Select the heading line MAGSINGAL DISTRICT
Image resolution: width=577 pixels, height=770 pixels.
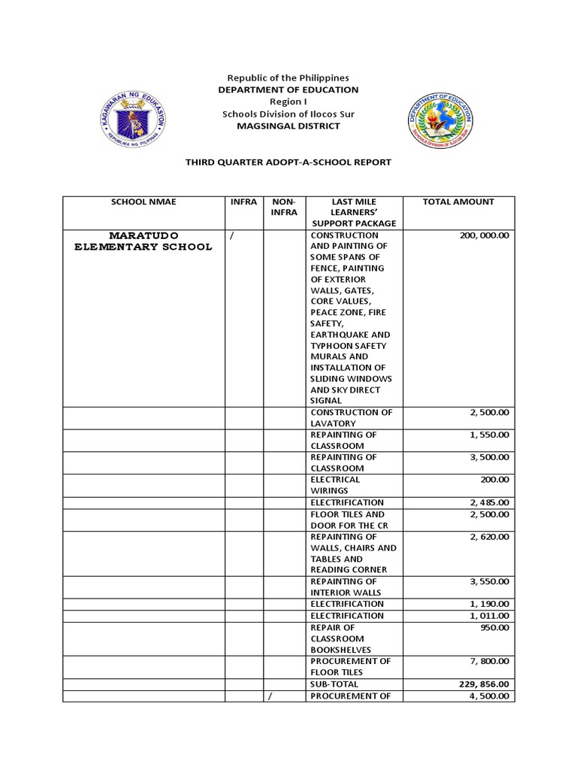click(x=288, y=126)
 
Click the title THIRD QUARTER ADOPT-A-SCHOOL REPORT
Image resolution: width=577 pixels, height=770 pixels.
click(x=288, y=162)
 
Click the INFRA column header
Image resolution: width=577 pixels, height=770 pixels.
click(x=243, y=202)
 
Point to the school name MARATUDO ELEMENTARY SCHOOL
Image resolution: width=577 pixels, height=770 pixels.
click(x=143, y=241)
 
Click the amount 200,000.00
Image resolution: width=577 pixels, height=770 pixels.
click(x=483, y=235)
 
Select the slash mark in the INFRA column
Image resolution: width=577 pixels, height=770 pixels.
click(x=232, y=235)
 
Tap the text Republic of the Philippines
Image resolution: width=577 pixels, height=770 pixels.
click(x=288, y=78)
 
